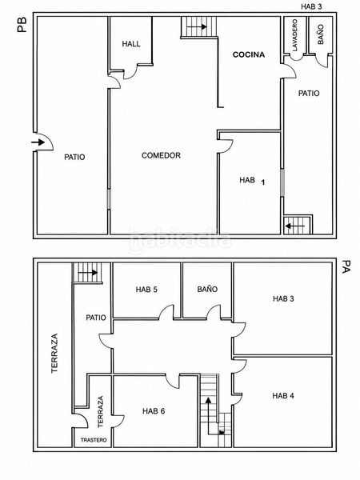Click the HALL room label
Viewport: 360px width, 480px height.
pos(131,44)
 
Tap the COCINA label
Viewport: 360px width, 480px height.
pos(249,54)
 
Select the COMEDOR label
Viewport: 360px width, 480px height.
pos(161,155)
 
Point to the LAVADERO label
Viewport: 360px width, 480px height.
pos(294,35)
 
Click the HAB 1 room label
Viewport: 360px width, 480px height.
pos(252,181)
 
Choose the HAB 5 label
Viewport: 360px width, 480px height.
pos(146,290)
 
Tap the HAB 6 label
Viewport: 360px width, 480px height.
pos(154,411)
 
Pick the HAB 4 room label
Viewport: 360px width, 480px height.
pos(283,396)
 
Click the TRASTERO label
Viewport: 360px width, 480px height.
pos(94,440)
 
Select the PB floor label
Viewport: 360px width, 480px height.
pos(22,25)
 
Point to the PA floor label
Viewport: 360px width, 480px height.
pos(346,266)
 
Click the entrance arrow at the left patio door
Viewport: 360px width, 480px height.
pos(38,142)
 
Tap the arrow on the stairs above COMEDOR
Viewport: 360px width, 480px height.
pos(197,27)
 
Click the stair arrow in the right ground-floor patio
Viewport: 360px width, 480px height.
pos(295,226)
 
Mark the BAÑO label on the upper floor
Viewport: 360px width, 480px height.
pos(207,289)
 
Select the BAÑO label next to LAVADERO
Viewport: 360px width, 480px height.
pos(321,34)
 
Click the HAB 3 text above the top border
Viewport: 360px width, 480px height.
pos(311,6)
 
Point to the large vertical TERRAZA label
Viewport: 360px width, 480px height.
pos(54,353)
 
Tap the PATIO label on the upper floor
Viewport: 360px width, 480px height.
pos(96,318)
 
